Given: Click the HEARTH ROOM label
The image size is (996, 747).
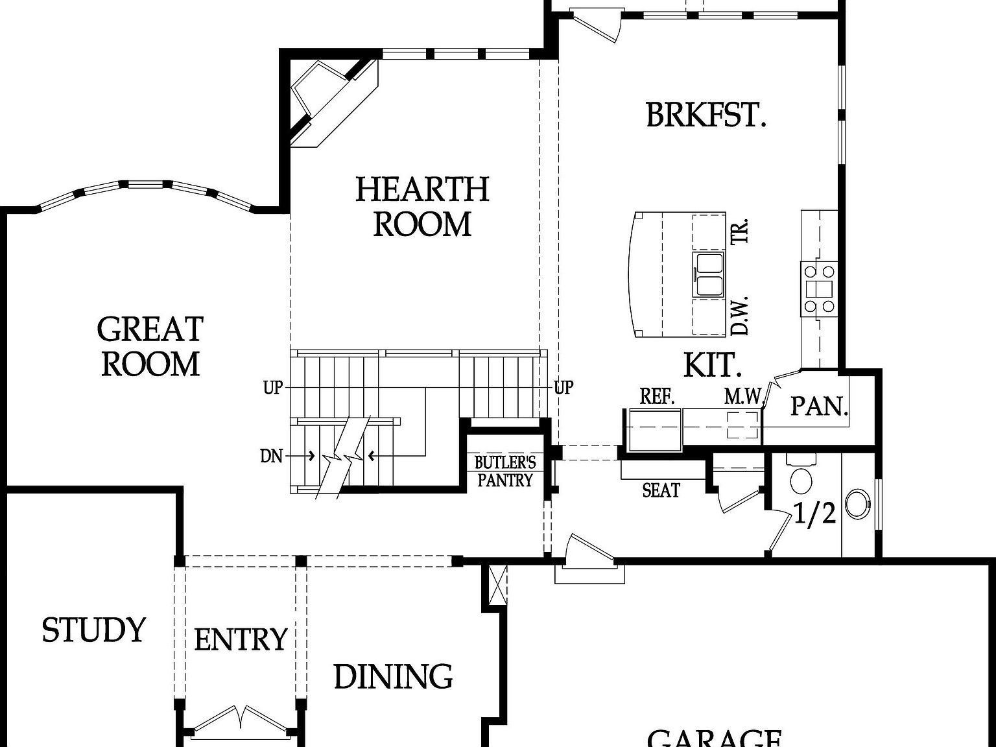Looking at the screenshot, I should tap(422, 207).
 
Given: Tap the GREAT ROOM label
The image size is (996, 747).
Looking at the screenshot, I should tap(150, 347).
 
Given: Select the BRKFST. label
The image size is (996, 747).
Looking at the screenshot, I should tap(706, 115).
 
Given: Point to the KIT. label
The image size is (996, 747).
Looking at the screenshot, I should tap(713, 366).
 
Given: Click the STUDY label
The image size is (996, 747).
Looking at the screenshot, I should tap(93, 630).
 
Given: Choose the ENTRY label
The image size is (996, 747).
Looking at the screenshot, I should tap(241, 640).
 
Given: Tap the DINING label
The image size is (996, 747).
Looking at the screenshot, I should tap(393, 677).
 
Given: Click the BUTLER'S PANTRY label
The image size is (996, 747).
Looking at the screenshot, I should tap(505, 471).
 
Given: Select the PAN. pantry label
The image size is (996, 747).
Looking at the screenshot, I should tap(819, 407).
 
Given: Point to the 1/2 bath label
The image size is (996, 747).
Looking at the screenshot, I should tap(814, 514).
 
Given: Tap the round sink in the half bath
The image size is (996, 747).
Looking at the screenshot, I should tap(860, 503).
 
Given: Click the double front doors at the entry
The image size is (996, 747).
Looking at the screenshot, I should tap(241, 721).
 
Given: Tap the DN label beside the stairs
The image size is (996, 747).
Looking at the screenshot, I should tap(272, 456).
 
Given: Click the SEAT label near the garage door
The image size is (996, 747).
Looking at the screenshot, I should tap(661, 491).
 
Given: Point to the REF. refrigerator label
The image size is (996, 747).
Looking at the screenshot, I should tap(658, 397).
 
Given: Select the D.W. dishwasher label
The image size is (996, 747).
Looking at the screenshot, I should tap(740, 316).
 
